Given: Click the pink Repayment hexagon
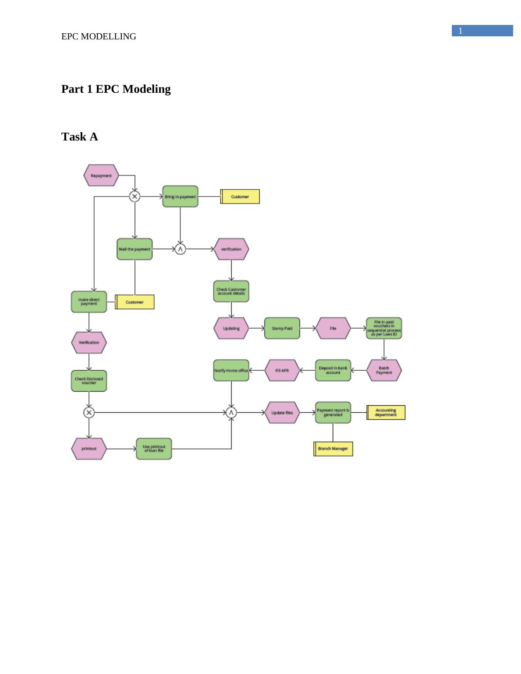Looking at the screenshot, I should pos(101,176).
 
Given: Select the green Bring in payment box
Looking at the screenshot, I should pos(180,197).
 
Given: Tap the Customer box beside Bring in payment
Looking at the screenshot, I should pos(240,197).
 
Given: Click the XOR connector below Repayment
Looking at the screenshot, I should pos(134,197).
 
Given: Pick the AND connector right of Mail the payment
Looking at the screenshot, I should pos(180,249).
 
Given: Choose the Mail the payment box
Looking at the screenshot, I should pos(134,249).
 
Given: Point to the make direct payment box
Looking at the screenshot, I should pos(89,302).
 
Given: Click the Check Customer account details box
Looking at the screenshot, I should pos(231,291).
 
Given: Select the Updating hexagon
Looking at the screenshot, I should pos(231,328).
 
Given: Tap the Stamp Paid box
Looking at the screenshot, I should pos(282,328).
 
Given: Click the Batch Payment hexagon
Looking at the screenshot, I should pos(384,370).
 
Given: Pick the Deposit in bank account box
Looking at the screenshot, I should pos(333,370).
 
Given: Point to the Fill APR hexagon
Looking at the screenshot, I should pos(282,370).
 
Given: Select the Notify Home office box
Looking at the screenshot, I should pos(231,370).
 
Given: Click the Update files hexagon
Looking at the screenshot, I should pos(282,413).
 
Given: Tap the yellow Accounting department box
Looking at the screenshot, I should pos(386,413).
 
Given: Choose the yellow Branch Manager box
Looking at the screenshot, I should pos(333,449).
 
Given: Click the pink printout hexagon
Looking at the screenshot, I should pos(89,449).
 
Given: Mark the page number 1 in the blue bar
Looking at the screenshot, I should pos(461,31).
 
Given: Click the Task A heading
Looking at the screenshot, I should pos(80,137).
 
